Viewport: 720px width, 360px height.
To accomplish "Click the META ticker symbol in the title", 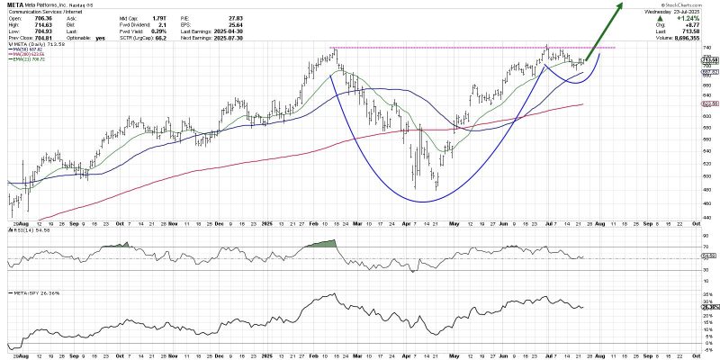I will [x=15, y=4].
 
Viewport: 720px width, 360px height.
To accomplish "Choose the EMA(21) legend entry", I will [x=26, y=59].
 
